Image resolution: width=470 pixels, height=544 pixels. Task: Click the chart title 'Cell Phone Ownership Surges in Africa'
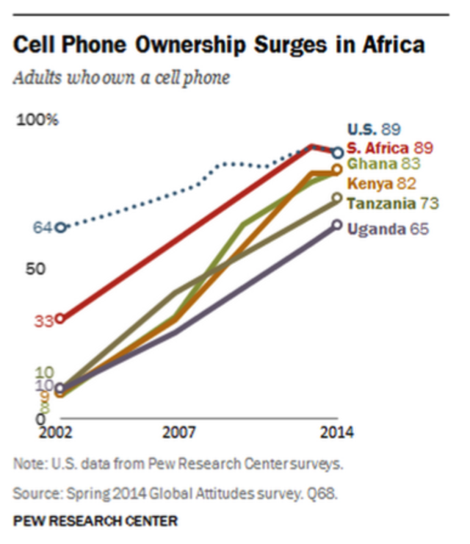pyautogui.click(x=219, y=46)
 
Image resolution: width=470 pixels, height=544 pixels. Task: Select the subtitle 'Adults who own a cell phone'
pyautogui.click(x=121, y=78)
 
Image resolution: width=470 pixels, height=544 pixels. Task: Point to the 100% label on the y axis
pyautogui.click(x=37, y=121)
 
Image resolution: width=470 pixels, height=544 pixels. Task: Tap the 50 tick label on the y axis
pyautogui.click(x=37, y=269)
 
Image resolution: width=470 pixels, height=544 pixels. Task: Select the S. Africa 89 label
pyautogui.click(x=388, y=147)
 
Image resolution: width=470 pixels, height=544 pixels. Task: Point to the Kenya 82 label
pyautogui.click(x=382, y=184)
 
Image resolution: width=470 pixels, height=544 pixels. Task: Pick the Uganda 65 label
pyautogui.click(x=388, y=229)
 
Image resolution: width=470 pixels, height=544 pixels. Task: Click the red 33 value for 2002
pyautogui.click(x=43, y=321)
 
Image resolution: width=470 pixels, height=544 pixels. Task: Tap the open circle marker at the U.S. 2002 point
pyautogui.click(x=61, y=228)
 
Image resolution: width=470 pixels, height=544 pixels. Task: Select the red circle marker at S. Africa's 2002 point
pyautogui.click(x=61, y=319)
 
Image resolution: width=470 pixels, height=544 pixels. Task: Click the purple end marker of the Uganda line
pyautogui.click(x=336, y=225)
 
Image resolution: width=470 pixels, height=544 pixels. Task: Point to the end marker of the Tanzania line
pyautogui.click(x=336, y=198)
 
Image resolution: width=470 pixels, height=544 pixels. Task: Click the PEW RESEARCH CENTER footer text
pyautogui.click(x=95, y=521)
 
